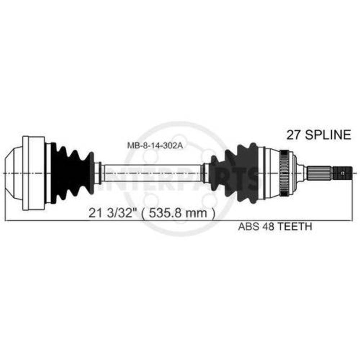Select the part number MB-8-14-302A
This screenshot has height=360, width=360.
coord(155,145)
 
